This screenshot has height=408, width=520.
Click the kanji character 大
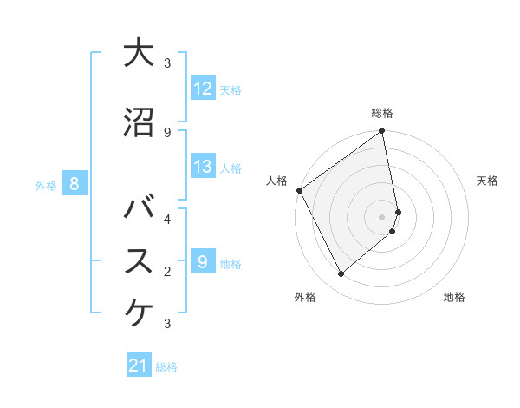139,53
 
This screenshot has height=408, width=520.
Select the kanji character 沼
139,122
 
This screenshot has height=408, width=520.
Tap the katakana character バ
139,209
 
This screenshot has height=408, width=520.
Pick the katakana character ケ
139,311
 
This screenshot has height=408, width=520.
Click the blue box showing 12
203,89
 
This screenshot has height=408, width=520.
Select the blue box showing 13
203,167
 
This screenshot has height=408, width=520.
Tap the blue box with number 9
203,262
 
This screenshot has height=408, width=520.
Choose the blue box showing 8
75,184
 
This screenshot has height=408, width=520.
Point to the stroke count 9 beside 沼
167,132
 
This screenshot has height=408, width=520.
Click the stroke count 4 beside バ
167,218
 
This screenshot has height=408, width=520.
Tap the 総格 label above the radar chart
382,113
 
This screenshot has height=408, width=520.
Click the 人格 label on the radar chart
276,181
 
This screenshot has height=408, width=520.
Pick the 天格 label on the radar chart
487,181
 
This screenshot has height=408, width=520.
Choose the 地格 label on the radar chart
454,297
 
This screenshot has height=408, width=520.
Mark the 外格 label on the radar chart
305,297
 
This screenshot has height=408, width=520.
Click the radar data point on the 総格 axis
382,132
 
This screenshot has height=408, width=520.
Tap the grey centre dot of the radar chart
381,216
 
